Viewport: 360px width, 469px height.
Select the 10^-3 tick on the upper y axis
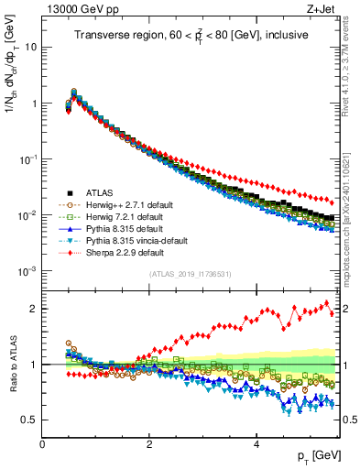pos(27,271)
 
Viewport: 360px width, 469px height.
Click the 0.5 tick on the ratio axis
pos(28,420)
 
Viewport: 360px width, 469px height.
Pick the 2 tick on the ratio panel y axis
pos(33,309)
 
